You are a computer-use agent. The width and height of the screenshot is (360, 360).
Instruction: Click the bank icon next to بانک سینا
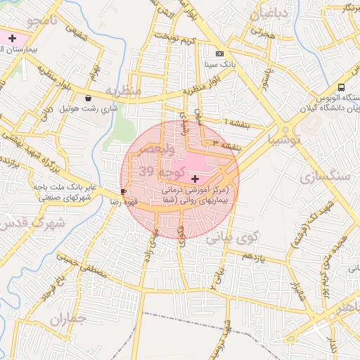(220, 53)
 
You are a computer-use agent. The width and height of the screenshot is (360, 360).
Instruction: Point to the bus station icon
(341, 87)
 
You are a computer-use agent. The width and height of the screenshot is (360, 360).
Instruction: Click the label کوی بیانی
(233, 238)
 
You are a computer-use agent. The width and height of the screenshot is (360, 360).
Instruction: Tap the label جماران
(68, 320)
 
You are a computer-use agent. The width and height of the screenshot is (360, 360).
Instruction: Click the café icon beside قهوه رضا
(124, 191)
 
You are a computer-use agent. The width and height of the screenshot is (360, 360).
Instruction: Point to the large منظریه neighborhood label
(124, 91)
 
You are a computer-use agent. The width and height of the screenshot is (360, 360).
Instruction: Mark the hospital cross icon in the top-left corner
(12, 37)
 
